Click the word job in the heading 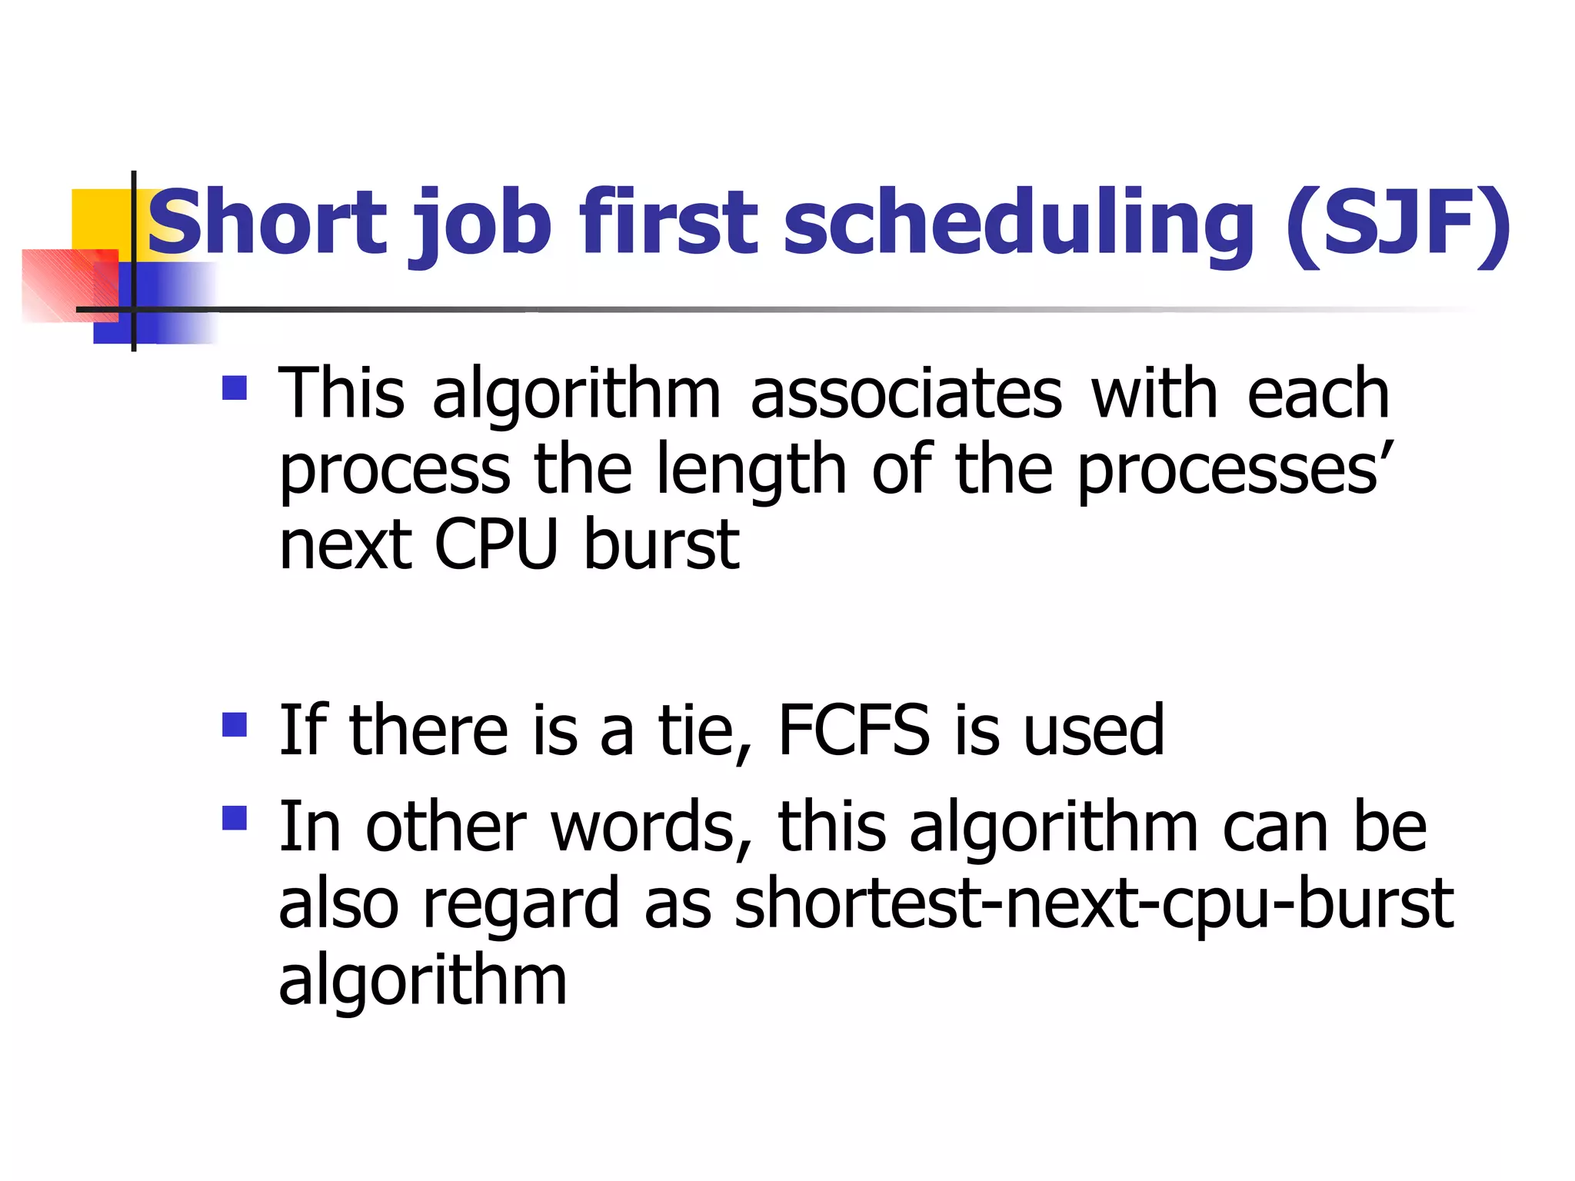[484, 227]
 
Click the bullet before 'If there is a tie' [235, 724]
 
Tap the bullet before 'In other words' [235, 818]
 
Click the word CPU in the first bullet [495, 544]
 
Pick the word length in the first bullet [751, 471]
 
